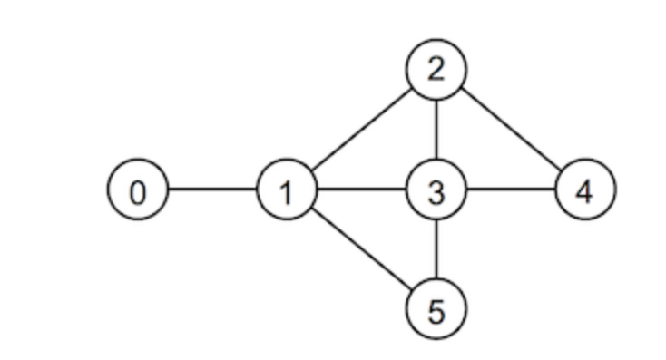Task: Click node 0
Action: coord(138,190)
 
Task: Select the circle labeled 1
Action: coord(287,190)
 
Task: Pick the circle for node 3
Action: coord(436,190)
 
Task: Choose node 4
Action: coord(585,190)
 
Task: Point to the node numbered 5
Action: coord(436,310)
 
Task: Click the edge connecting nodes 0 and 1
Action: coord(212,190)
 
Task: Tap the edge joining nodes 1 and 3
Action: coord(361,190)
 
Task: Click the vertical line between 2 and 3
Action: coord(436,131)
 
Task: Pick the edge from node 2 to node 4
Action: coord(511,131)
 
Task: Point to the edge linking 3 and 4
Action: coord(511,190)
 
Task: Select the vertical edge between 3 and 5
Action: coord(436,250)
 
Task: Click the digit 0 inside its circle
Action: coord(138,192)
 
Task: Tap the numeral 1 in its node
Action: coord(287,192)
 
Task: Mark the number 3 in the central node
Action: coord(436,192)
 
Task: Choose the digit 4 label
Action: coord(585,192)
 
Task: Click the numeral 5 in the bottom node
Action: coord(436,312)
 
